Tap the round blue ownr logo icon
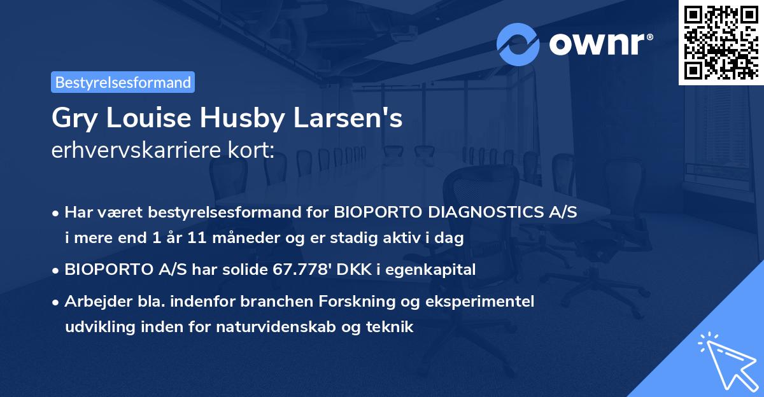coord(518,45)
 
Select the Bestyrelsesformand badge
coord(123,82)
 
